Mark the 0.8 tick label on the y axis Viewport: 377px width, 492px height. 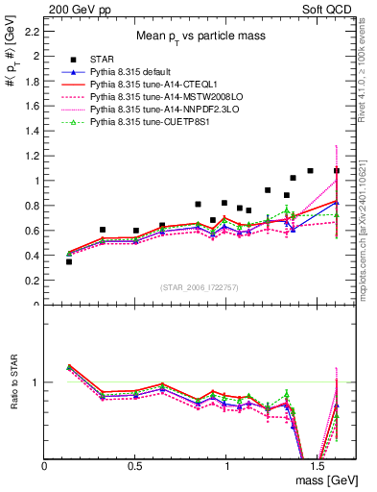(x=32, y=206)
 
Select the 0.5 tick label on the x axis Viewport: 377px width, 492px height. (x=135, y=467)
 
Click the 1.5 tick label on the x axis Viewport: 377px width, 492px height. (x=317, y=467)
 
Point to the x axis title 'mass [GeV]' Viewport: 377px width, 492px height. (x=323, y=480)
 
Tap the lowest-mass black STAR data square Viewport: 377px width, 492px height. (x=69, y=261)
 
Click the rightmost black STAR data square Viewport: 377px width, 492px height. (x=337, y=171)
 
